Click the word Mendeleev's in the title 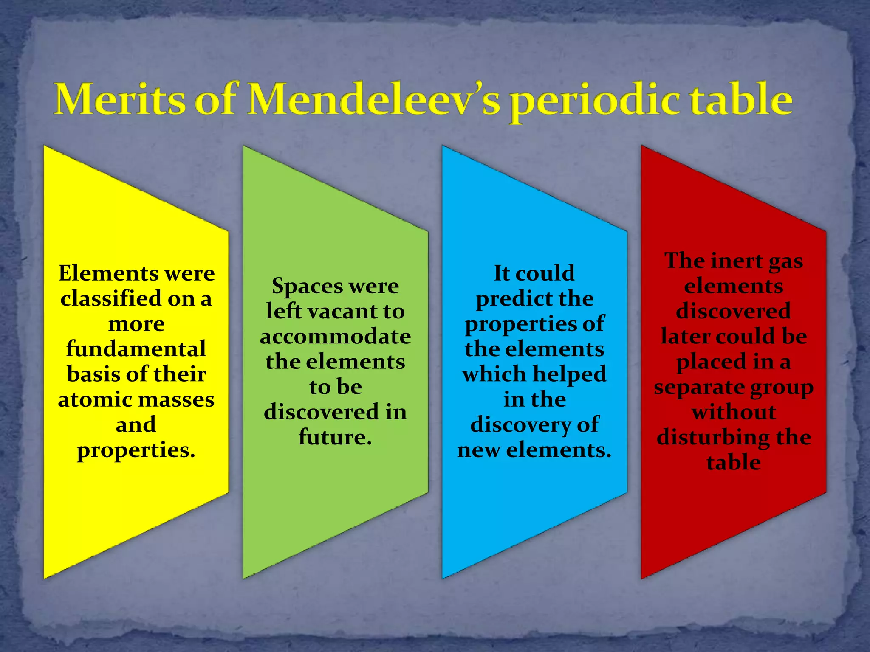[374, 100]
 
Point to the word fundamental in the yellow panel [136, 349]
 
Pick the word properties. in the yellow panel [136, 451]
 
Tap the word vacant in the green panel [342, 311]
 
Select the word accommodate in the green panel [335, 337]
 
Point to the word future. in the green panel [335, 437]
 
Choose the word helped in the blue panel [570, 374]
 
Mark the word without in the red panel [734, 412]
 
